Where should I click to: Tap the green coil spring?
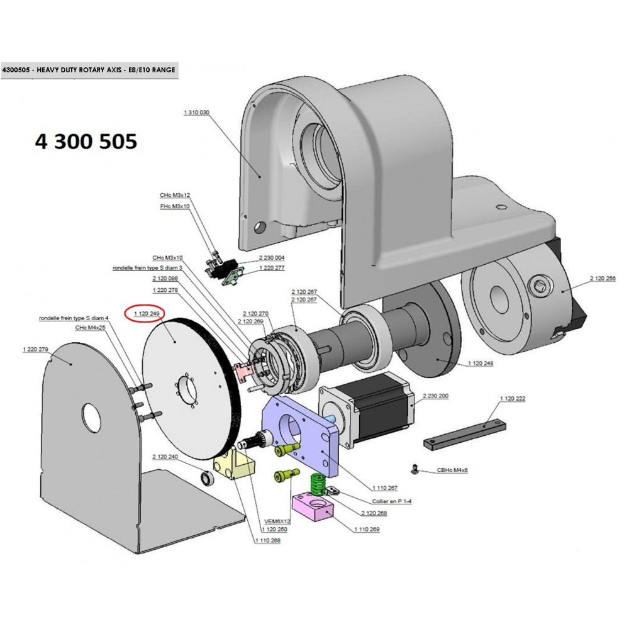coord(319,485)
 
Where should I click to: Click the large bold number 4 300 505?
coord(86,142)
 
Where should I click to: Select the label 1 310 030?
coord(196,112)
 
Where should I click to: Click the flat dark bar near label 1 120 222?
coord(465,433)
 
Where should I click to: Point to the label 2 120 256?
coord(603,278)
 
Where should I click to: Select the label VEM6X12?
coord(276,521)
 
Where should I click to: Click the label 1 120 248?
coord(481,364)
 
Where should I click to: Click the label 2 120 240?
coord(165,457)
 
